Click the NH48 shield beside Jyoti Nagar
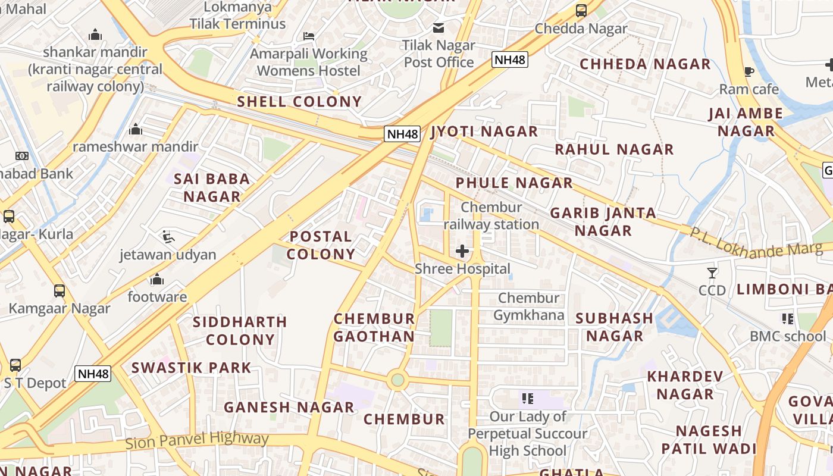pyautogui.click(x=403, y=133)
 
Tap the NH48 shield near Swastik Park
pyautogui.click(x=93, y=374)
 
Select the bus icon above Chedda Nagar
pyautogui.click(x=581, y=11)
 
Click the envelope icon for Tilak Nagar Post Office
pyautogui.click(x=439, y=27)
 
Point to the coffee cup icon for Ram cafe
pyautogui.click(x=749, y=72)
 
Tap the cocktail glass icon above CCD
pyautogui.click(x=712, y=273)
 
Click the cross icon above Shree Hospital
pyautogui.click(x=462, y=251)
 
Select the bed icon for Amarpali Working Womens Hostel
pyautogui.click(x=308, y=36)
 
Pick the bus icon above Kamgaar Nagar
pyautogui.click(x=59, y=291)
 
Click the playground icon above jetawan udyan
pyautogui.click(x=168, y=237)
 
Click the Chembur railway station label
pyautogui.click(x=491, y=215)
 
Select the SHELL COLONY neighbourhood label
pyautogui.click(x=299, y=102)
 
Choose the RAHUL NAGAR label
pyautogui.click(x=614, y=149)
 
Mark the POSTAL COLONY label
pyautogui.click(x=321, y=245)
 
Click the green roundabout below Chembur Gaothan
pyautogui.click(x=397, y=380)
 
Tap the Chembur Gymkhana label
pyautogui.click(x=528, y=306)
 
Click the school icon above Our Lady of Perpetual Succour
pyautogui.click(x=527, y=399)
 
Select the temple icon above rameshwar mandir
pyautogui.click(x=136, y=129)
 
